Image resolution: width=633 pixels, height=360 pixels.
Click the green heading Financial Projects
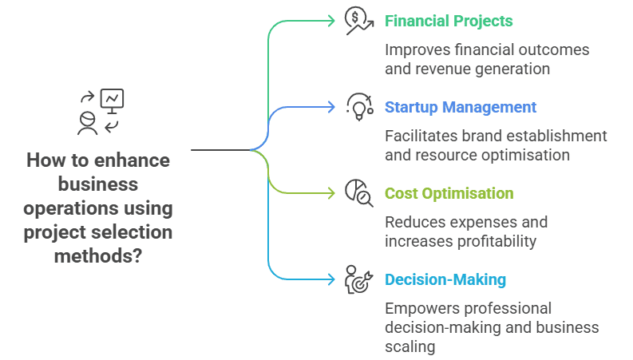[x=449, y=21]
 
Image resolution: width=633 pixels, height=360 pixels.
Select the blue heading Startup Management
[x=461, y=107]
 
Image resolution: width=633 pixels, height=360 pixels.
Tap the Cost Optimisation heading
[x=449, y=193]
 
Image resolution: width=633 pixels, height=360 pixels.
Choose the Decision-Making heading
[x=445, y=279]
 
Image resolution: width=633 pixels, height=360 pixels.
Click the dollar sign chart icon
[x=358, y=21]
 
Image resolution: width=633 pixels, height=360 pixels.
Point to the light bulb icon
[x=358, y=107]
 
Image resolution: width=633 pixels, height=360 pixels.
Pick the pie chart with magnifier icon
[x=358, y=193]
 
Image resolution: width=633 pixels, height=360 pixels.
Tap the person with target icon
[x=358, y=279]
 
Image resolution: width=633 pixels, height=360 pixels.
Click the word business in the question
[x=99, y=184]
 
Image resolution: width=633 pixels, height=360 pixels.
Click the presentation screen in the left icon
[x=113, y=99]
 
